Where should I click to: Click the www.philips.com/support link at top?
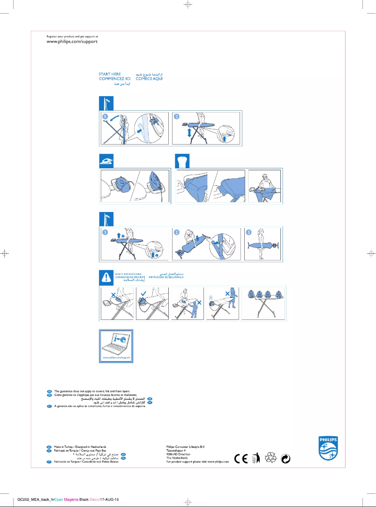click(72, 42)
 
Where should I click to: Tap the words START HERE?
click(110, 74)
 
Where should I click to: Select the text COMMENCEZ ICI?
click(114, 79)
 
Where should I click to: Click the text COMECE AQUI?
click(149, 79)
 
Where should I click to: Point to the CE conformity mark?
click(241, 459)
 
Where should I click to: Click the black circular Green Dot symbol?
click(286, 459)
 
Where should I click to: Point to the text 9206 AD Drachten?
click(179, 454)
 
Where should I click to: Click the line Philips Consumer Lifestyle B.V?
click(186, 447)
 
